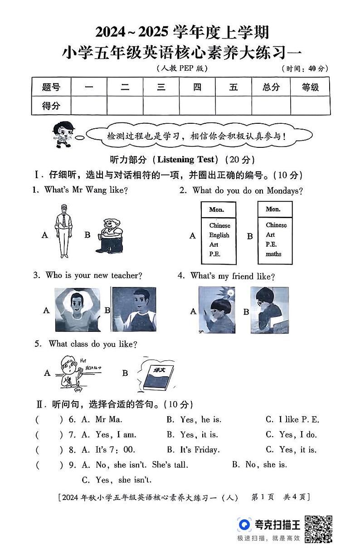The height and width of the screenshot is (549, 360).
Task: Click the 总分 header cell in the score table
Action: pos(271,87)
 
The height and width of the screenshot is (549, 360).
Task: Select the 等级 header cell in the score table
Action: pos(310,87)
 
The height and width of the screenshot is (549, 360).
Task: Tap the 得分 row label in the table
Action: pos(51,106)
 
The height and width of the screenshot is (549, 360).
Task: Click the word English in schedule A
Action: pos(219,235)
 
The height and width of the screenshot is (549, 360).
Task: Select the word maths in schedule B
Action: pos(273,254)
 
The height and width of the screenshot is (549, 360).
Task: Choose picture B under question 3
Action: pos(134,310)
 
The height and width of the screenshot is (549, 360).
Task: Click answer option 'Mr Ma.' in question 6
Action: pos(109,420)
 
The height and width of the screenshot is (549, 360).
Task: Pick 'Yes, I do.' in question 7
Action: pos(297,435)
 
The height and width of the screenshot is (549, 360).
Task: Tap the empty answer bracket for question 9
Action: pos(49,465)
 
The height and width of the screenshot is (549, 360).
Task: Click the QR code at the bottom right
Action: pos(318,528)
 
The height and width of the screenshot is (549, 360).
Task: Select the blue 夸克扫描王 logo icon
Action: pos(244,525)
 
